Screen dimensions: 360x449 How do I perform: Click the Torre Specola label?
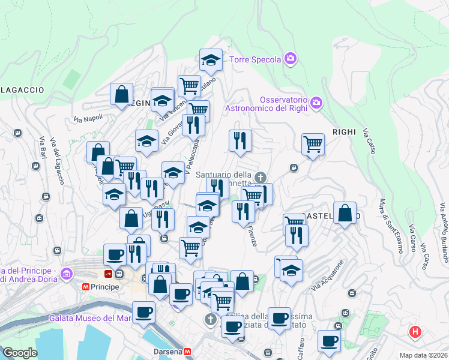pyautogui.click(x=256, y=59)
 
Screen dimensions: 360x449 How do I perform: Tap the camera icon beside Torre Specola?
pyautogui.click(x=291, y=58)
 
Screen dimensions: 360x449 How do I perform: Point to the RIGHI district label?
pyautogui.click(x=344, y=131)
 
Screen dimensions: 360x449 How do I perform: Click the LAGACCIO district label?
pyautogui.click(x=22, y=90)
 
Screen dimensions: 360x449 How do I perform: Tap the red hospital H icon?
pyautogui.click(x=415, y=331)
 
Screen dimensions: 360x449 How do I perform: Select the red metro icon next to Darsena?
pyautogui.click(x=187, y=351)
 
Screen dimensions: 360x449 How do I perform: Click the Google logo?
pyautogui.click(x=20, y=353)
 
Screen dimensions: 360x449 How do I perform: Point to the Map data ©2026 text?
pyautogui.click(x=423, y=355)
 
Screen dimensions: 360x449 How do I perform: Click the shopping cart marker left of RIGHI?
pyautogui.click(x=313, y=144)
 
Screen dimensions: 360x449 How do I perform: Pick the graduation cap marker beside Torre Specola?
pyautogui.click(x=211, y=59)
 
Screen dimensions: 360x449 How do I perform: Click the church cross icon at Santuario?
pyautogui.click(x=260, y=177)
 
